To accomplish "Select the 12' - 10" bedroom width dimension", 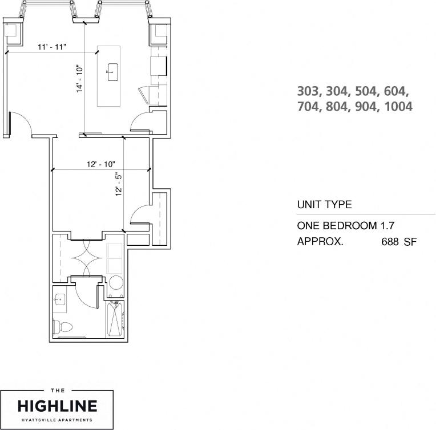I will tap(100, 164).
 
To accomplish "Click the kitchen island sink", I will tap(112, 71).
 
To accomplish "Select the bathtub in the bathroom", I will tap(115, 319).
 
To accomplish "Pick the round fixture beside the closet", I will tap(116, 283).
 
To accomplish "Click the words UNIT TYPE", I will tap(324, 205).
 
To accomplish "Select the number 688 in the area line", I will tap(390, 242).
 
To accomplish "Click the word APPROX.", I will tap(320, 242).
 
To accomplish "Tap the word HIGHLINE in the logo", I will tap(57, 406).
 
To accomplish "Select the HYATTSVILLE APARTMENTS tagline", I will tap(57, 420).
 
